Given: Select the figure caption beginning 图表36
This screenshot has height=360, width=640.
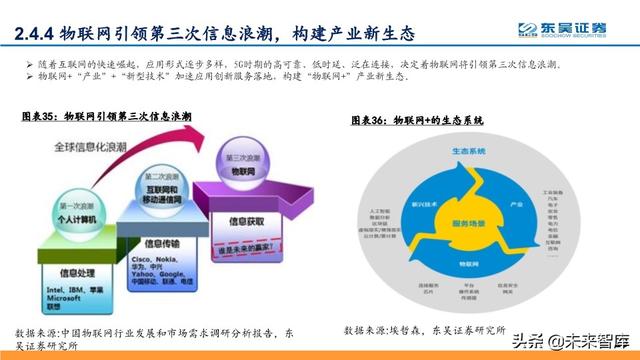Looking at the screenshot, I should (417, 119).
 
